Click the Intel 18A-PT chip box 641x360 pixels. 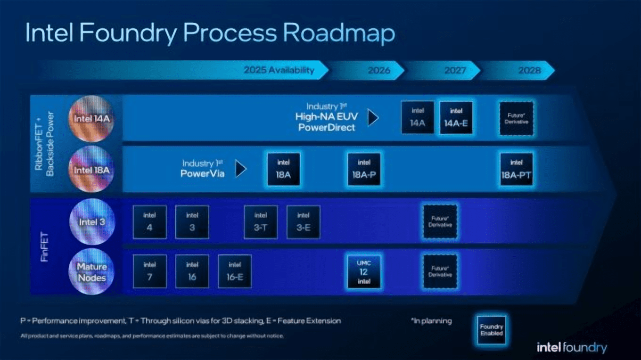click(x=517, y=169)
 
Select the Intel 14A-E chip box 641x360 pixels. click(x=456, y=118)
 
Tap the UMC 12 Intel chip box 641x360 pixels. click(x=364, y=271)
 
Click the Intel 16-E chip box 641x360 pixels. click(x=235, y=271)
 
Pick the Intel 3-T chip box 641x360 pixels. click(x=261, y=222)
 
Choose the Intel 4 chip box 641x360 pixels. click(x=149, y=222)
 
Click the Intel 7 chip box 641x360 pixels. click(x=149, y=271)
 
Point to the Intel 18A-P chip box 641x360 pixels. click(x=364, y=169)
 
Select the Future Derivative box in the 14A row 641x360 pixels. click(x=517, y=118)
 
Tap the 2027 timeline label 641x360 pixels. click(x=454, y=70)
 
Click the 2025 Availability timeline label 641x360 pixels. click(x=279, y=70)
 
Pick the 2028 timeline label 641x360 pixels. click(x=529, y=70)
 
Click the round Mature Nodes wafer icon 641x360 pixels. click(x=91, y=272)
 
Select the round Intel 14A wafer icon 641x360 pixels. click(x=91, y=119)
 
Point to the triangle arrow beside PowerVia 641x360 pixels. click(x=241, y=169)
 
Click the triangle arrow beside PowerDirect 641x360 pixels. click(x=373, y=118)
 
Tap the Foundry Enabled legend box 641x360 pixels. click(x=492, y=330)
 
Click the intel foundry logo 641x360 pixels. click(x=572, y=348)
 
